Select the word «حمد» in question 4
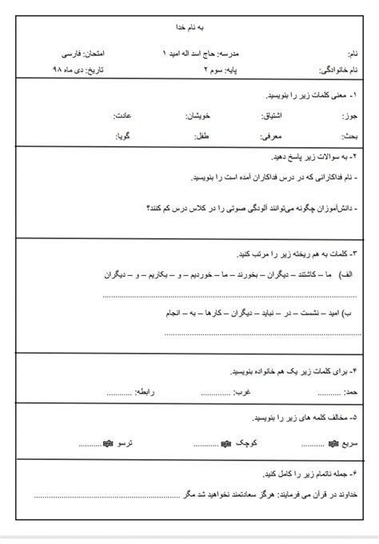(x=348, y=392)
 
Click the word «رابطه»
(x=146, y=392)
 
